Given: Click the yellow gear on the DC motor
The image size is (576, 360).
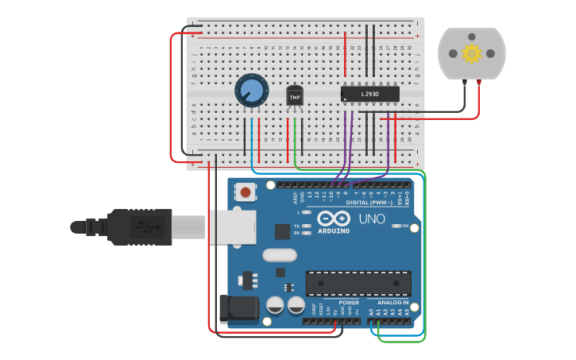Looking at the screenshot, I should pos(472,53).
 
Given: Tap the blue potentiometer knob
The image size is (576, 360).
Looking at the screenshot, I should pos(251,90).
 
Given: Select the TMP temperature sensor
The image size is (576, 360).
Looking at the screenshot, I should pos(295,96).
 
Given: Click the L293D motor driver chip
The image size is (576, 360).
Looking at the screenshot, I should pos(369,95).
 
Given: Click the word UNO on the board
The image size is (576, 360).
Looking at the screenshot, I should pos(372,219).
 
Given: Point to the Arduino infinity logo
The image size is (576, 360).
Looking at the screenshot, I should pos(333,218).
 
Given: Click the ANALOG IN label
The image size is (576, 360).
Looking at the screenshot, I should pos(393,303).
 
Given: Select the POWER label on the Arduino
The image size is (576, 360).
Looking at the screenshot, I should pos(349,303).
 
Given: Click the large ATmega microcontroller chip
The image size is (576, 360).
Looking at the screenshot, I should pos(358,282).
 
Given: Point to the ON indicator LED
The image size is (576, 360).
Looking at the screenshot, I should pos(396,226).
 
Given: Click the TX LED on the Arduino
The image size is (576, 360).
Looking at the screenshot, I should pos(306,226).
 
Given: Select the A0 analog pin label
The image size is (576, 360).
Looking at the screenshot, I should pos(371,312).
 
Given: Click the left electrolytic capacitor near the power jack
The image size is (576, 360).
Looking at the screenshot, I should pos(276,305).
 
